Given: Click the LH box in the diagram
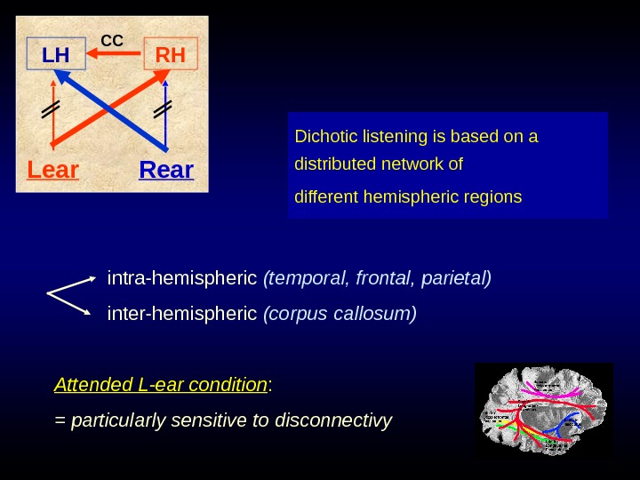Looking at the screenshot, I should coord(56,55).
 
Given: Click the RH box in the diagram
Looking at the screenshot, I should coord(171,55).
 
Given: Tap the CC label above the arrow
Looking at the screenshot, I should coord(112,40).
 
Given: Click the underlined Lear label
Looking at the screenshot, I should coord(53,169).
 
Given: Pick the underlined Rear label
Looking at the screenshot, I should coord(166,169).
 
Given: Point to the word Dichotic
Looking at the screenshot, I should coord(323,138).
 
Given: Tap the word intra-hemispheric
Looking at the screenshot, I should coord(182,279).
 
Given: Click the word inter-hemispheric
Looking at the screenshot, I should coord(182,314).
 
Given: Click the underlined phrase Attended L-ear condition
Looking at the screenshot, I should coord(160,386).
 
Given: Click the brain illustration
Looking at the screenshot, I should coord(543,409).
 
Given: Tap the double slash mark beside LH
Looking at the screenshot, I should coord(50,110).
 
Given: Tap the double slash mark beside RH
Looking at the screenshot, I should coord(162,110).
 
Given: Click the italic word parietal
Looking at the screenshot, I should coord(459,279).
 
